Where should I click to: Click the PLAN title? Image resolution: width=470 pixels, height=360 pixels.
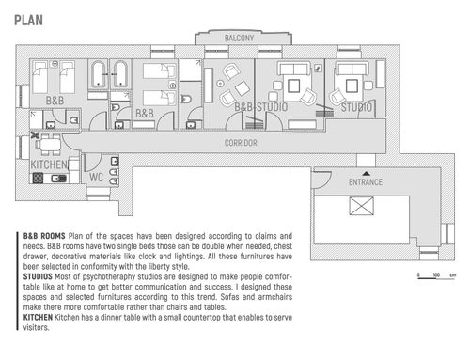(x=28, y=21)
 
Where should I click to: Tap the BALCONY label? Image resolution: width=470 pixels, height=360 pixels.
(x=239, y=39)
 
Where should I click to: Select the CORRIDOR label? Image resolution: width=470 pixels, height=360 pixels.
(x=241, y=143)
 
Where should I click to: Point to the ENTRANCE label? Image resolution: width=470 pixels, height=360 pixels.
(x=366, y=182)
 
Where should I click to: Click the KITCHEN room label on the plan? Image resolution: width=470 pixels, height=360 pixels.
(x=49, y=164)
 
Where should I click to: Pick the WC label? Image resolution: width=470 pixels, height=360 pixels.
(x=96, y=178)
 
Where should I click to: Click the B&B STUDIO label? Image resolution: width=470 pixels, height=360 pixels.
(x=261, y=107)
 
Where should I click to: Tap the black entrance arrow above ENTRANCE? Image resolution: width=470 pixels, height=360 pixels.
(x=366, y=173)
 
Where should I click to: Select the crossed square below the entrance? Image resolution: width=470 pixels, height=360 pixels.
(x=362, y=206)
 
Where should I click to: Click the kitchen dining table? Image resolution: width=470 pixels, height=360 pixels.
(x=50, y=145)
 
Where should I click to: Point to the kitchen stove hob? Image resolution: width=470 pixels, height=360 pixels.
(x=38, y=179)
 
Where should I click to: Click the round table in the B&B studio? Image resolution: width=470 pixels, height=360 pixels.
(x=220, y=84)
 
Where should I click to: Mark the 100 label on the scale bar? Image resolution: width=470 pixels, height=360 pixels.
(x=436, y=274)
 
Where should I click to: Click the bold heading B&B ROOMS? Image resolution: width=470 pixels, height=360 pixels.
(x=44, y=236)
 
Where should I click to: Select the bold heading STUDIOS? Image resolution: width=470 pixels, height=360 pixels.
(x=38, y=276)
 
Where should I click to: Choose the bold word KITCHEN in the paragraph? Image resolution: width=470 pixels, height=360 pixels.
(x=38, y=317)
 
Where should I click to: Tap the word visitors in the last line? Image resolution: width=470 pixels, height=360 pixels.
(x=36, y=327)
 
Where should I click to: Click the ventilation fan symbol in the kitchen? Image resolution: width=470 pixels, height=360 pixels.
(x=35, y=135)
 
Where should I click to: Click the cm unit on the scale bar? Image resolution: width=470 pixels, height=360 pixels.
(x=453, y=275)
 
